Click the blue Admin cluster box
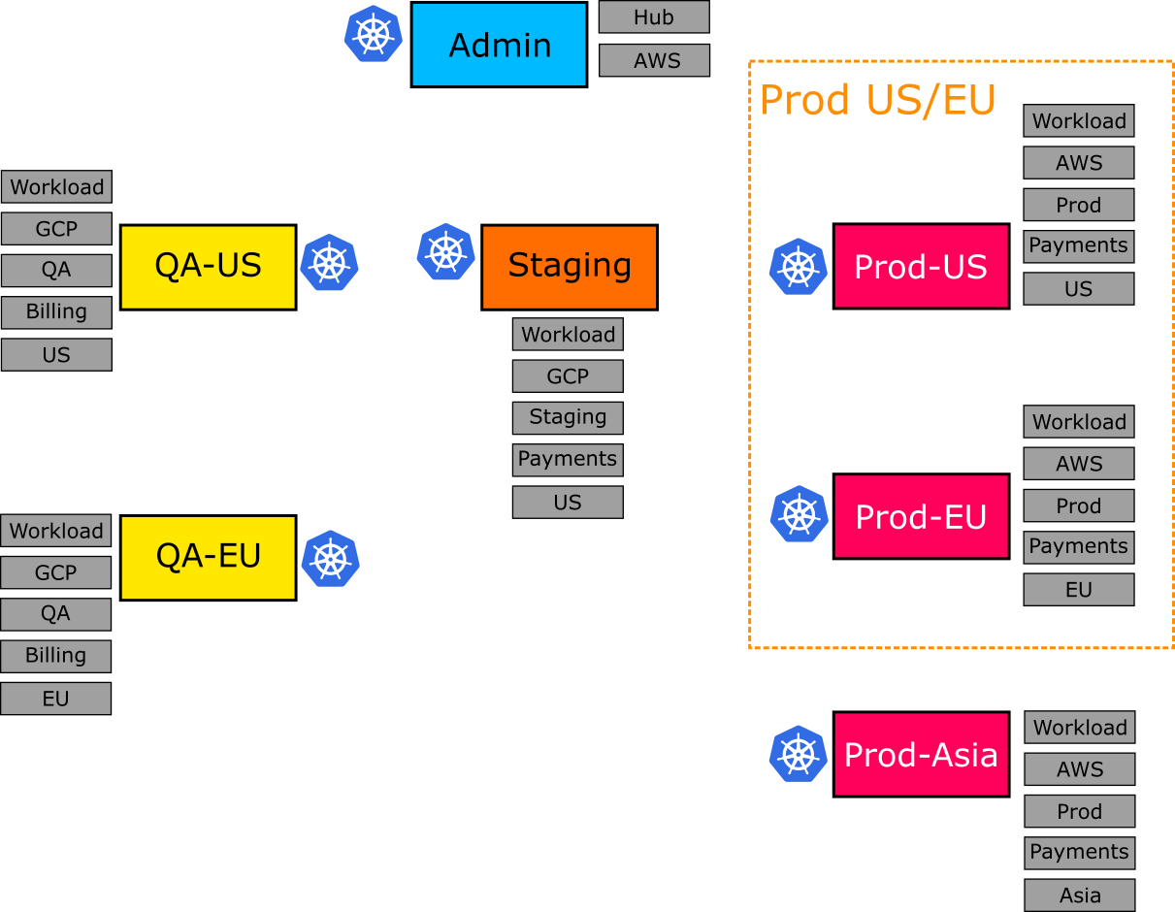499,45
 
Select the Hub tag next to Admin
654,17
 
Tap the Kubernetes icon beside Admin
374,34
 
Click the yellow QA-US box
208,267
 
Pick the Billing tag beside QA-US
56,312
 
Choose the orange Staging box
569,267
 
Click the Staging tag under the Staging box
568,418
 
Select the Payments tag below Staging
568,460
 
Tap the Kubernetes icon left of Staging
445,252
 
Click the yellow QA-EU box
208,557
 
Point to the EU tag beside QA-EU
55,699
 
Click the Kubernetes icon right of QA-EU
330,559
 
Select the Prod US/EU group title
877,100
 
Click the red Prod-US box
921,267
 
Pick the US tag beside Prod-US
1078,289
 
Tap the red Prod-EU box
921,516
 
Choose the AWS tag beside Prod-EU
1078,464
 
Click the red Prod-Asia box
921,754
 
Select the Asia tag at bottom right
1079,896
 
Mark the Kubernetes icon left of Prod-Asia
798,754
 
